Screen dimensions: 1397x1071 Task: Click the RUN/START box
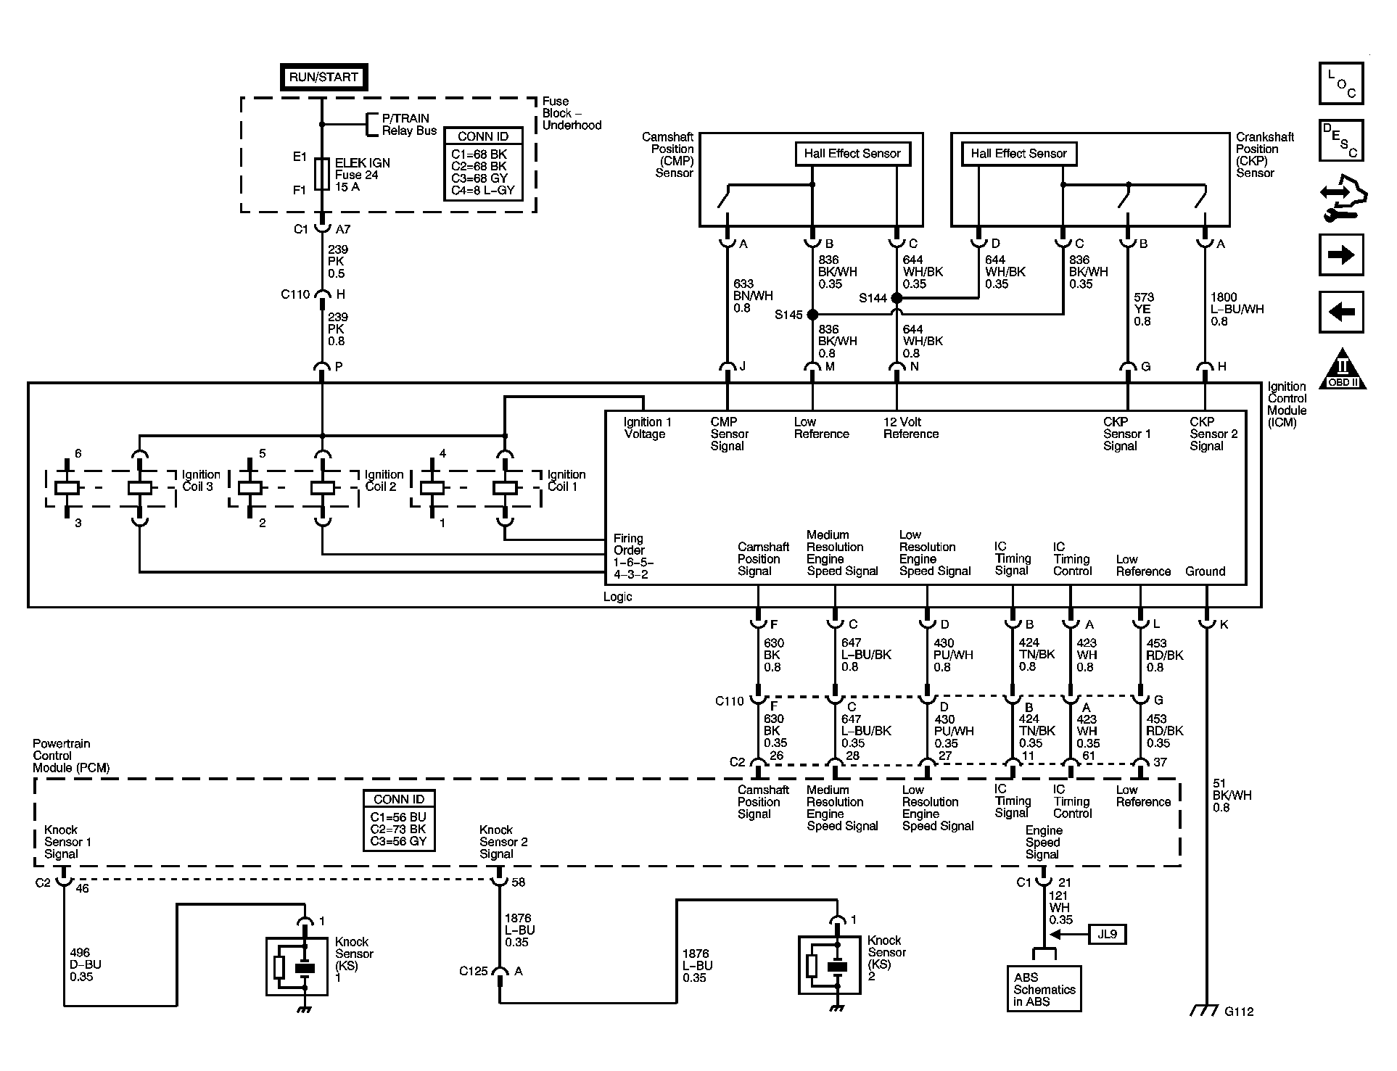pos(324,77)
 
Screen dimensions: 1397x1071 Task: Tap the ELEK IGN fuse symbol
pos(322,174)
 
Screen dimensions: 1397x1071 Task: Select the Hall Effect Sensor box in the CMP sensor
pos(852,154)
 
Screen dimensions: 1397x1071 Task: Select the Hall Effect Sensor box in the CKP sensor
pos(1018,154)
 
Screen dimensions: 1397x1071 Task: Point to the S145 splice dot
pos(812,315)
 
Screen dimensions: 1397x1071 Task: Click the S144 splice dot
pos(897,298)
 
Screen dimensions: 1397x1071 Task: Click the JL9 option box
pos(1107,934)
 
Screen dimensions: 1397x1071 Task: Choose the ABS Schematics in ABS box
pos(1044,989)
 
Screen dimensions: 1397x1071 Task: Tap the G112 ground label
pos(1239,1012)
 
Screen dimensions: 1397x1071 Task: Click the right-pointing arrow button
pos(1341,255)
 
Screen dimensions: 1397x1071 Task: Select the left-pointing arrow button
pos(1341,313)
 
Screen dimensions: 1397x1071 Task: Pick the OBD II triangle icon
pos(1342,368)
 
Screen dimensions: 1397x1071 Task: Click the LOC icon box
pos(1341,83)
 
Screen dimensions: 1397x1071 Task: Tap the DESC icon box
pos(1341,140)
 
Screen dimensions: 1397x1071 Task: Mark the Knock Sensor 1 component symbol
pos(297,967)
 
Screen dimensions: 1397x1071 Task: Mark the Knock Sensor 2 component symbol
pos(830,965)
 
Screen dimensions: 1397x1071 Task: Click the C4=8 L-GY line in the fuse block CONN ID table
pos(482,191)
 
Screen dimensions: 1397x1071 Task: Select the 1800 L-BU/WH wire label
pos(1237,309)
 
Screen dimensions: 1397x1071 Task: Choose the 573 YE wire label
pos(1145,309)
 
